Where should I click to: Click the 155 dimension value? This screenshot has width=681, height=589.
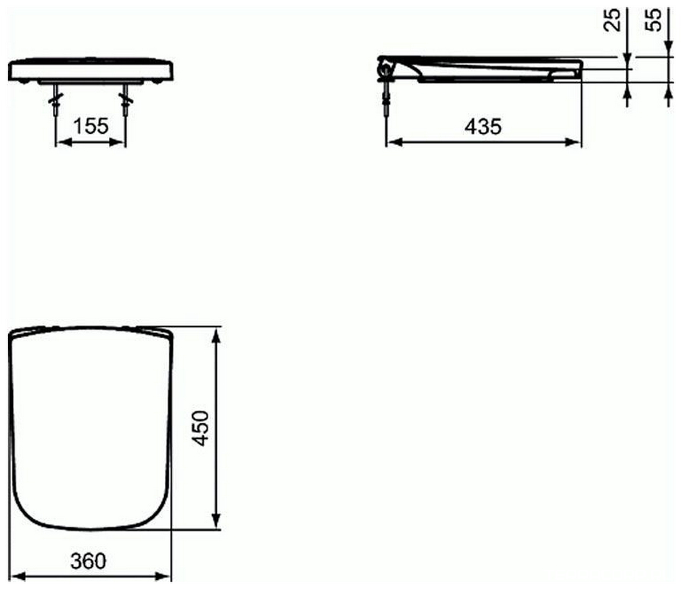(x=91, y=127)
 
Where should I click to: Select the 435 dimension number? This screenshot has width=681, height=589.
(x=483, y=127)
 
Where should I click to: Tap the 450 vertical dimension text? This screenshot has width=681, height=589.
(x=201, y=428)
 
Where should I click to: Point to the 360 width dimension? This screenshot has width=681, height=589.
(x=88, y=561)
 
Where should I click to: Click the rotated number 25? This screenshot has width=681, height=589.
(x=613, y=20)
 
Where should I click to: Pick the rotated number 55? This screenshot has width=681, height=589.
(x=654, y=20)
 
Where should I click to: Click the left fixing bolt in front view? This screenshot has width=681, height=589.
(x=56, y=100)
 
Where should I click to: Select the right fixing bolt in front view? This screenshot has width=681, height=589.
(x=126, y=100)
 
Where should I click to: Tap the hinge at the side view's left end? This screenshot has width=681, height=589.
(x=385, y=68)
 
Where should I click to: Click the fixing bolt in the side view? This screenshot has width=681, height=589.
(x=386, y=99)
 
